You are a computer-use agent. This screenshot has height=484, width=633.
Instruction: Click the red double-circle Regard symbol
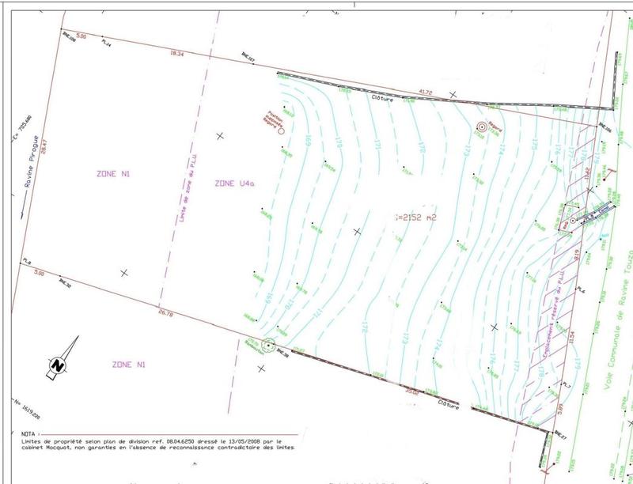[x=482, y=127]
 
